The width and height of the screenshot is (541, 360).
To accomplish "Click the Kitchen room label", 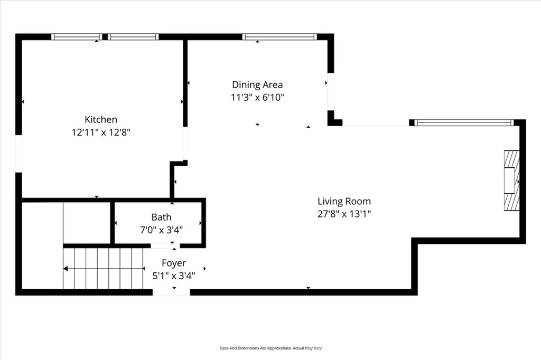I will point(101,120).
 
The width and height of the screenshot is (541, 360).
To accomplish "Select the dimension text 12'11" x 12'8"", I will point(101,132).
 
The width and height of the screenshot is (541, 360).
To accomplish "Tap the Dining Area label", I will point(257,84).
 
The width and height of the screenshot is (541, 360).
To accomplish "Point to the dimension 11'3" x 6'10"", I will point(257,97).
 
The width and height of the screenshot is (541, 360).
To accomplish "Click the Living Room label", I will point(344,201).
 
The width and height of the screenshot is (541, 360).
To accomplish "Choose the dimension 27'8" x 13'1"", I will point(344,214).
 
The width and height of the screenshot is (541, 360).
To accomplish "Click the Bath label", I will point(161,217).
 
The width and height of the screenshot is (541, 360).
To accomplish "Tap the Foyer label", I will point(174,263).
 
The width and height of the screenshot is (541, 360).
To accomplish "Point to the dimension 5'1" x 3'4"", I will point(174,275).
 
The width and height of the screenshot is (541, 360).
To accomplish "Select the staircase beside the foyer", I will point(104,269).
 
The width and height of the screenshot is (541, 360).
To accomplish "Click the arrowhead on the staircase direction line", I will point(66,269).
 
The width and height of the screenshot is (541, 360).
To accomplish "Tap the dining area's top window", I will point(279,37).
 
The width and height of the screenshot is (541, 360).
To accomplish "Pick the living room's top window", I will point(464,123).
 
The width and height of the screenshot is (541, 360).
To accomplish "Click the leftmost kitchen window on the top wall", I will point(76,37).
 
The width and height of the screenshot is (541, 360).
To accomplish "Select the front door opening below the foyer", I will point(171,292).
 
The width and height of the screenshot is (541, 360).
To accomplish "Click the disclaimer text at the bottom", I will point(270,348).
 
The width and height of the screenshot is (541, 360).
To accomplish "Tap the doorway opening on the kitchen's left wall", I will point(18,154).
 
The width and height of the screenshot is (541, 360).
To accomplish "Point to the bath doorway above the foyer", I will point(165,245).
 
